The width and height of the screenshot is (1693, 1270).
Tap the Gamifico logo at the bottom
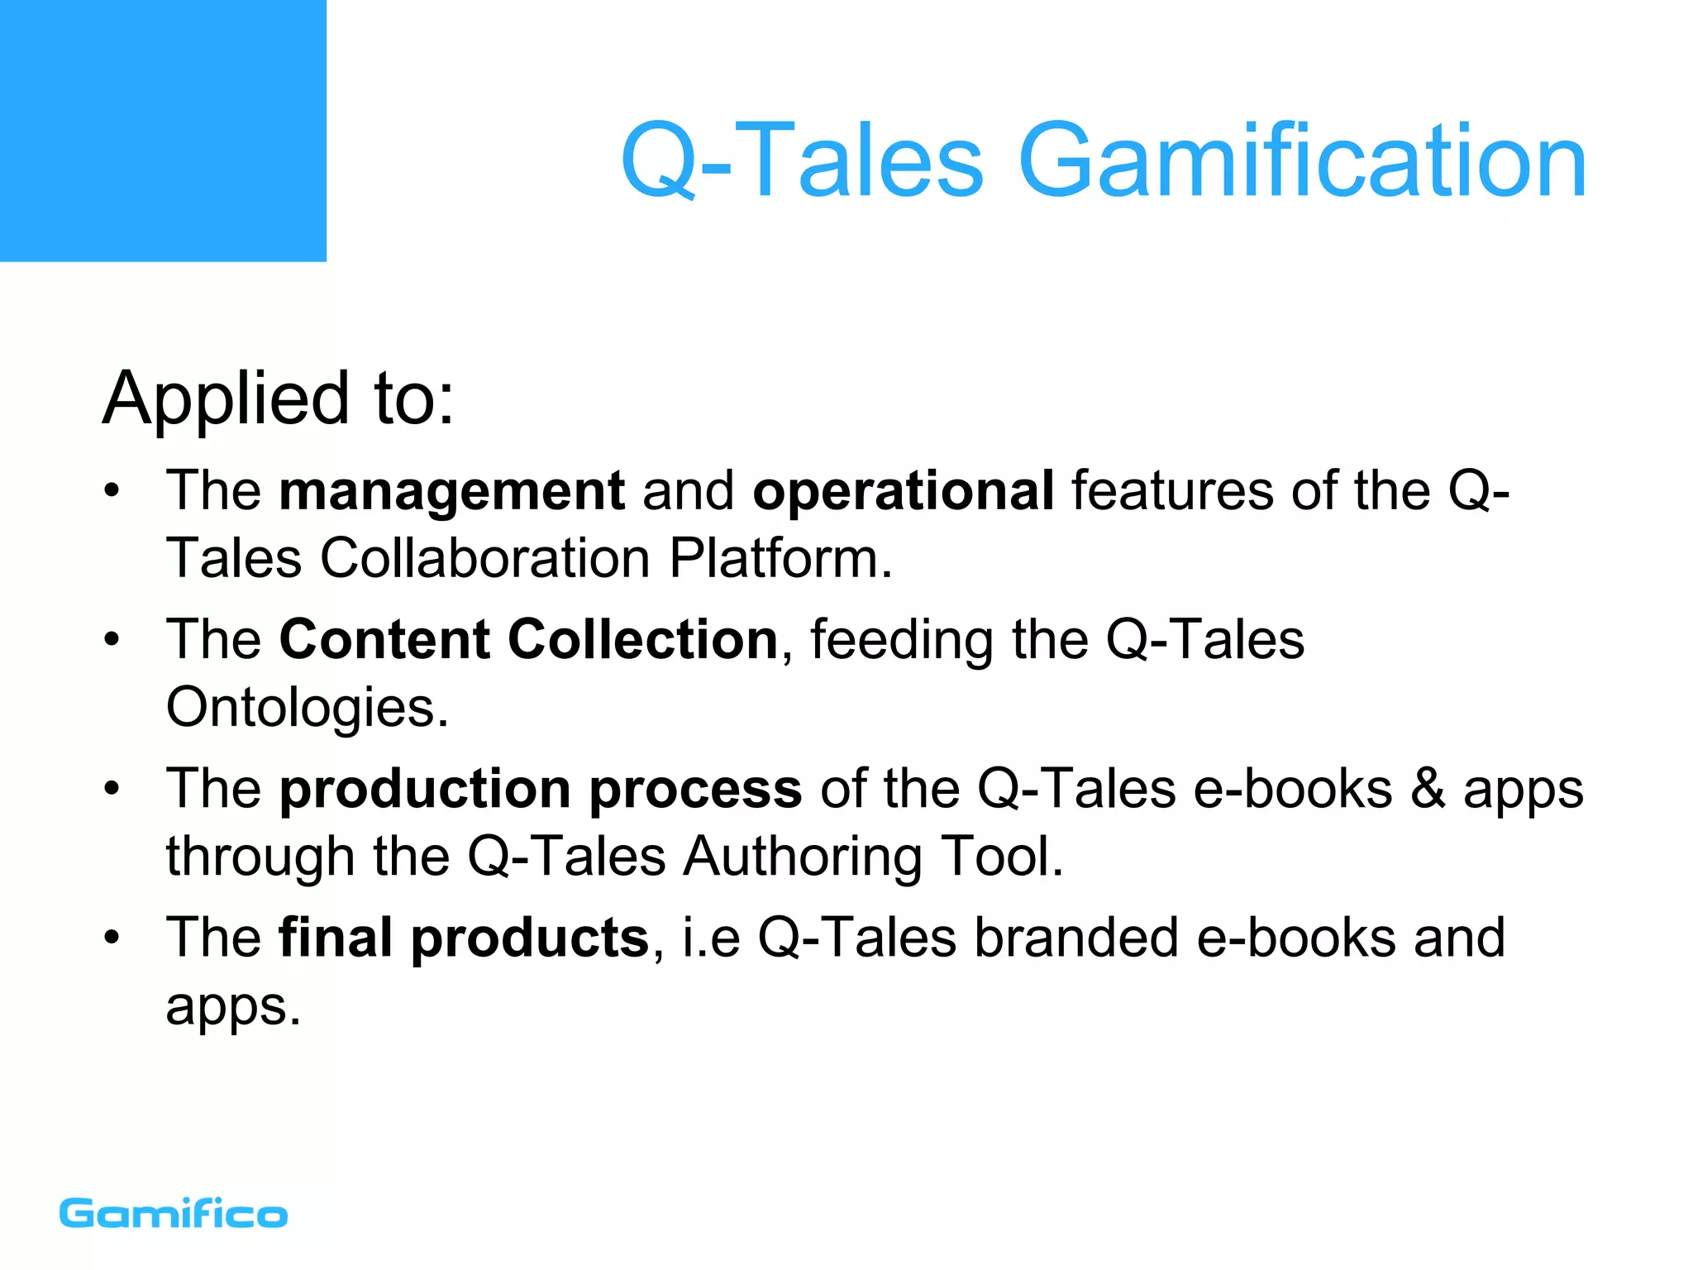(x=174, y=1214)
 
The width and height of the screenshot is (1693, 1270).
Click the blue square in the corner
(x=163, y=131)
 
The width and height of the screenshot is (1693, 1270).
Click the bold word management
(x=451, y=490)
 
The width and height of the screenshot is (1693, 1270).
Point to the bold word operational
(x=903, y=490)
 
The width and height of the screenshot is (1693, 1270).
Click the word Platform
(x=780, y=558)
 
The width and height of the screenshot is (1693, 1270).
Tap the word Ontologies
(x=307, y=708)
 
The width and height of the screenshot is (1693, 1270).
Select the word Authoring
(x=802, y=856)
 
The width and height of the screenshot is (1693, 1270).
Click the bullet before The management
(x=112, y=491)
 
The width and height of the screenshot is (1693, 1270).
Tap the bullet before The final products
(x=112, y=938)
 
